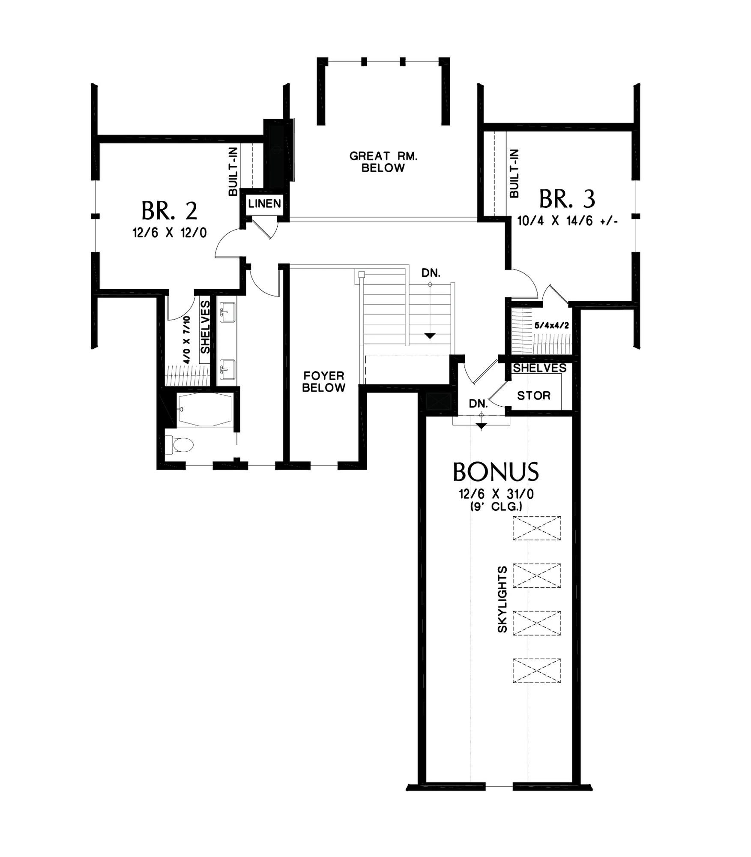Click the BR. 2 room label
tap(169, 211)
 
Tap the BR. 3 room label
tap(567, 199)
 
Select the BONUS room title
tap(496, 472)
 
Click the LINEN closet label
tap(265, 204)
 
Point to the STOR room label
tap(534, 396)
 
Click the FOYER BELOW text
tap(324, 382)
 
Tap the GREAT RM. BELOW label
tap(383, 162)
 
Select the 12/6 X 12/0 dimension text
tap(170, 233)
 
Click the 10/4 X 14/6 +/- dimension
tap(567, 221)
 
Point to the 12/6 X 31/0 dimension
tap(496, 494)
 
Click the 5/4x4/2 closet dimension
tap(552, 326)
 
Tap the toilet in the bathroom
tap(179, 445)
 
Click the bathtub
tap(204, 410)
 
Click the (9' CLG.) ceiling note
tap(496, 506)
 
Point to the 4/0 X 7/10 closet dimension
tap(186, 340)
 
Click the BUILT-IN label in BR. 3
tap(514, 173)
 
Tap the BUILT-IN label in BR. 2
tap(233, 171)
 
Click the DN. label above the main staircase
tap(431, 273)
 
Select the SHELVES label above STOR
tap(540, 368)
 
